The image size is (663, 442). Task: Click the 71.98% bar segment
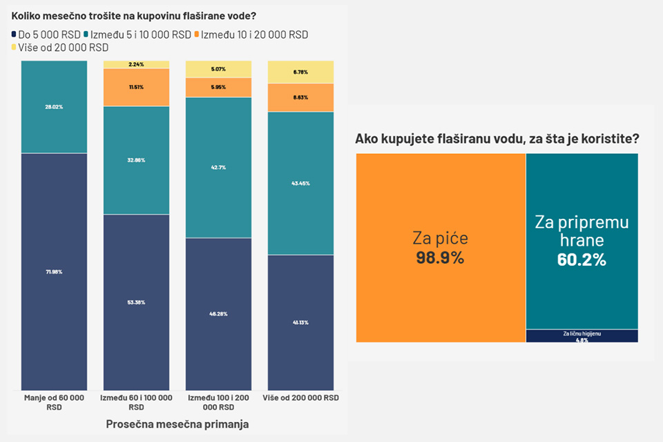(x=54, y=271)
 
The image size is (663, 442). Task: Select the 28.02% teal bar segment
(x=54, y=107)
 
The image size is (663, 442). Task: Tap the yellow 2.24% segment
(x=136, y=64)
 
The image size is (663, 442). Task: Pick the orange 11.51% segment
(x=136, y=87)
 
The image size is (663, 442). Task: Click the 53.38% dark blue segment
(x=136, y=302)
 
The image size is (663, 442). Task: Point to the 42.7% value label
(x=218, y=167)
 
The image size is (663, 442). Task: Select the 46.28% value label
(x=218, y=314)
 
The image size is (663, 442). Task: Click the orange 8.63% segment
(x=300, y=97)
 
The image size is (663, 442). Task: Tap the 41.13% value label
(x=300, y=322)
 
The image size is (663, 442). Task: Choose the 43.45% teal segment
(x=300, y=183)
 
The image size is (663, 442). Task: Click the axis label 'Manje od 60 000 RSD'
(x=54, y=403)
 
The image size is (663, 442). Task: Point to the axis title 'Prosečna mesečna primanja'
(x=177, y=424)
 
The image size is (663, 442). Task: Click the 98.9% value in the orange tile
(x=440, y=258)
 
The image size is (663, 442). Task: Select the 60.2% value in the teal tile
(x=581, y=260)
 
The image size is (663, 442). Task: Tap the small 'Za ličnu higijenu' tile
(x=582, y=336)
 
